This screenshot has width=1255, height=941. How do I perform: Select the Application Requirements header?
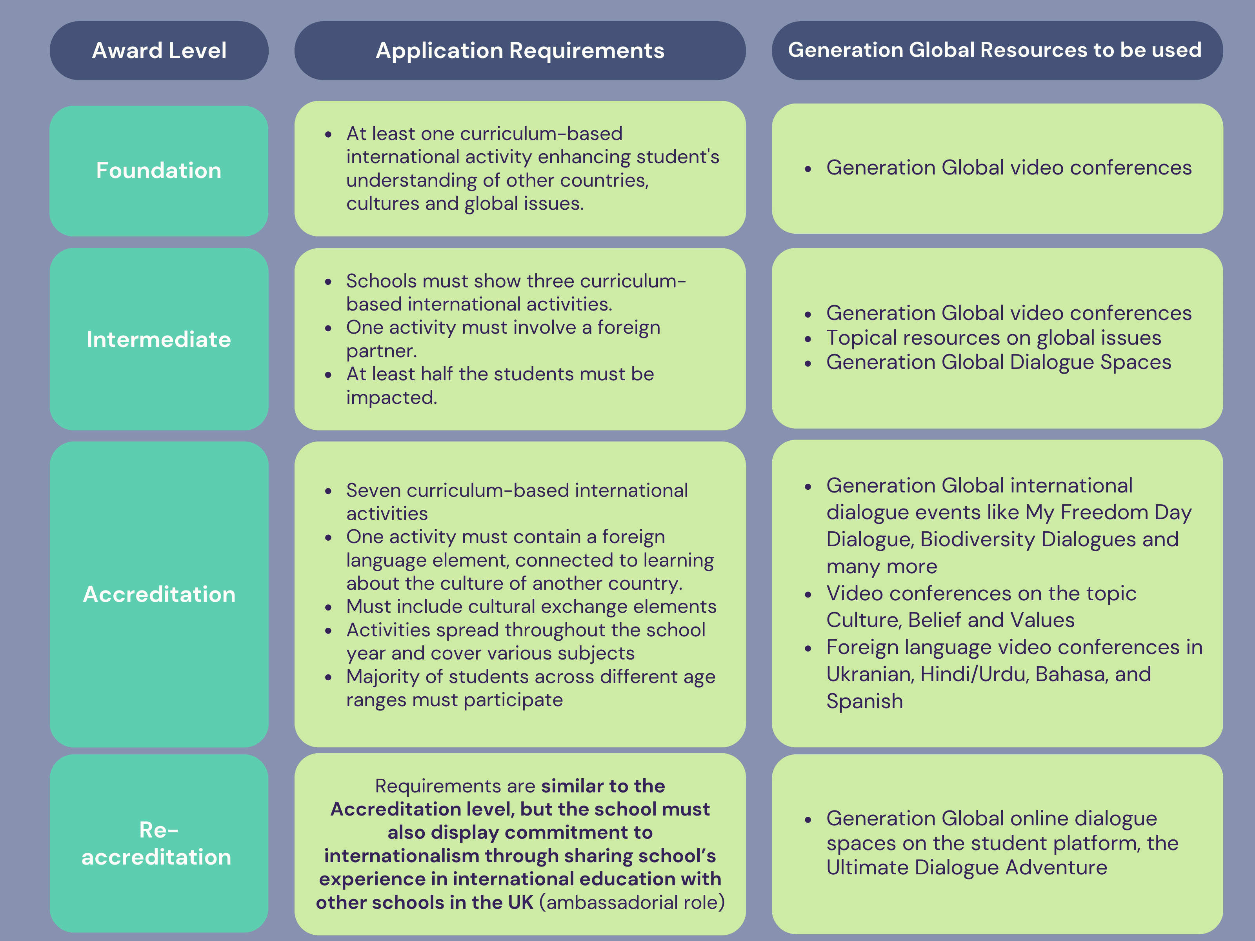520,51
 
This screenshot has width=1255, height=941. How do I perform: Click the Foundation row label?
159,171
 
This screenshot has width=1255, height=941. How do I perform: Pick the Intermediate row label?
159,339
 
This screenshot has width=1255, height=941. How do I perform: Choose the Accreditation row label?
159,594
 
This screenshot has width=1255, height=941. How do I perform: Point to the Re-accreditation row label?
158,843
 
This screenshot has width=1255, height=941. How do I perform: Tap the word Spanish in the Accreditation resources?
864,701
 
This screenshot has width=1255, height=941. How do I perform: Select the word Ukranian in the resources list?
869,674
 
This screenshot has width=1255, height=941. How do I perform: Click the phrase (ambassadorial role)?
631,902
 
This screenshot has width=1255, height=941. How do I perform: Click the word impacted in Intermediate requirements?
391,397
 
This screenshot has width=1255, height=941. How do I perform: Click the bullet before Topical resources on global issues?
808,339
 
